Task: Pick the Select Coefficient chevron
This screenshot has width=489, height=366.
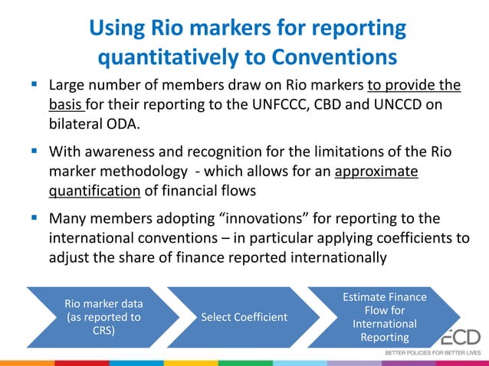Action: click(233, 316)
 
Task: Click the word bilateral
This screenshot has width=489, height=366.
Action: click(74, 125)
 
